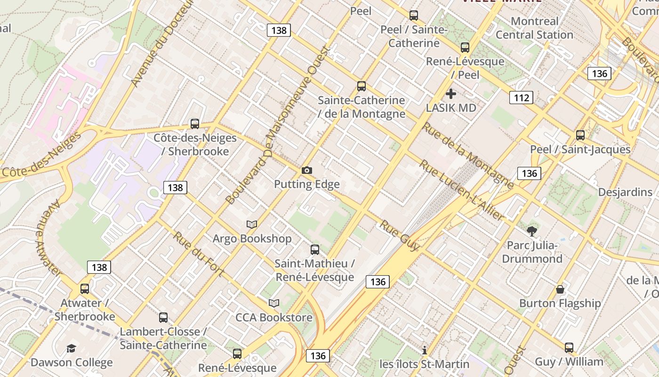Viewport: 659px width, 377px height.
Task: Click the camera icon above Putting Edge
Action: pyautogui.click(x=307, y=170)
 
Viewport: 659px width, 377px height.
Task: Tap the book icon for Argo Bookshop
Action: pyautogui.click(x=252, y=224)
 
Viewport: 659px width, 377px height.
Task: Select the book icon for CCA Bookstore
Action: pyautogui.click(x=274, y=303)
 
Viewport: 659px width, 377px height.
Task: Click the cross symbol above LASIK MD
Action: pyautogui.click(x=451, y=93)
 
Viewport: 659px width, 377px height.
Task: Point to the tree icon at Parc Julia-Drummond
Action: pyautogui.click(x=532, y=231)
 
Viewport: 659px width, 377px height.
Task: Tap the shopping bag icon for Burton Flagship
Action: pyautogui.click(x=560, y=289)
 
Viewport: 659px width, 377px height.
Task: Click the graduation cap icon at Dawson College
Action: pyautogui.click(x=71, y=348)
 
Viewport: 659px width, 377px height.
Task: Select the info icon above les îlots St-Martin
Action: pyautogui.click(x=425, y=350)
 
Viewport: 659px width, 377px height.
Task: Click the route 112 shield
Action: pyautogui.click(x=521, y=98)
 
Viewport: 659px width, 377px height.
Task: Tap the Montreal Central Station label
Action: pyautogui.click(x=534, y=28)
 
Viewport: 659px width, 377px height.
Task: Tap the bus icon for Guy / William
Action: pyautogui.click(x=569, y=348)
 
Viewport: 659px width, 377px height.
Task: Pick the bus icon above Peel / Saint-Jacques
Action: pyautogui.click(x=580, y=135)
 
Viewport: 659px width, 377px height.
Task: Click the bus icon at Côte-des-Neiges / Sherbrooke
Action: pyautogui.click(x=194, y=124)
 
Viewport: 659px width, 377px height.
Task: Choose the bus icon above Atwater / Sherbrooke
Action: pyautogui.click(x=85, y=289)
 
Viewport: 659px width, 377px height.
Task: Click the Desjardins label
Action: pyautogui.click(x=625, y=192)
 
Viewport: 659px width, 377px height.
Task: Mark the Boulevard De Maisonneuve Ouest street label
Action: pyautogui.click(x=278, y=125)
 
